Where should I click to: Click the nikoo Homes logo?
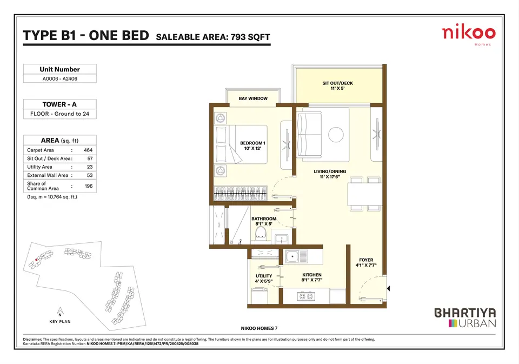click(x=469, y=35)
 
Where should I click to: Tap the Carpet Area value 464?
click(x=88, y=150)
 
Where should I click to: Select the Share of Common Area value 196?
click(x=88, y=186)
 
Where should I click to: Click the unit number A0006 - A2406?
click(x=60, y=79)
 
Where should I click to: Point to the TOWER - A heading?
click(x=59, y=104)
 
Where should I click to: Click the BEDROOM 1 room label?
click(x=252, y=145)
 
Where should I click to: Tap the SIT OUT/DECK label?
click(x=337, y=86)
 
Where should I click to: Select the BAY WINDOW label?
click(x=253, y=98)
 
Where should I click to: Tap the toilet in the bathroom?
click(x=261, y=233)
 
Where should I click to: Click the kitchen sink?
click(x=293, y=256)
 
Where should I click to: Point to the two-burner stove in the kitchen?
click(x=305, y=296)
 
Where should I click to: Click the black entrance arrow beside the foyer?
click(x=389, y=288)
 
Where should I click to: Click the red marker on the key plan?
click(x=36, y=260)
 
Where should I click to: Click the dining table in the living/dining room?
click(x=364, y=194)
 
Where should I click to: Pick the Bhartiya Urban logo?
click(x=465, y=317)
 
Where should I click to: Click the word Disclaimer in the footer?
click(x=32, y=340)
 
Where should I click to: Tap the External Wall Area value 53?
click(x=90, y=175)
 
